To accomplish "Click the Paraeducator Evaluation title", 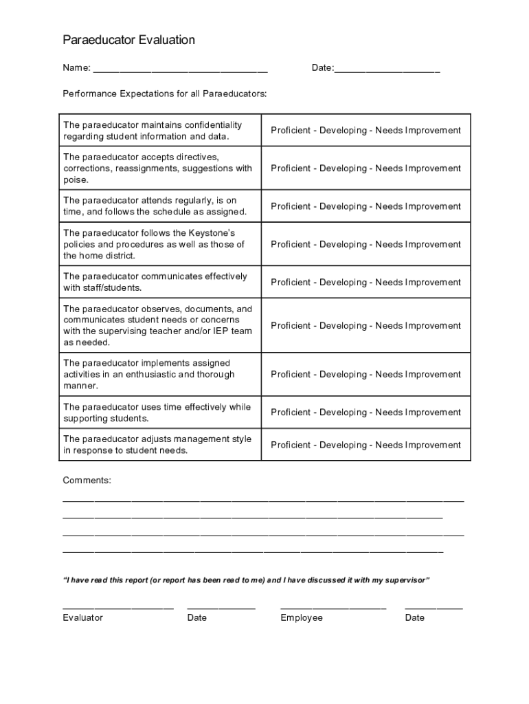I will point(129,41).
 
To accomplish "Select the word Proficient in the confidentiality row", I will point(290,131).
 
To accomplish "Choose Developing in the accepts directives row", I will point(343,168).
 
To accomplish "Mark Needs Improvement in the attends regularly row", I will point(418,206).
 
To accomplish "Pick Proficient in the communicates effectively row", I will point(290,283).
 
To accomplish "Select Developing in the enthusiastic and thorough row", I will point(343,375).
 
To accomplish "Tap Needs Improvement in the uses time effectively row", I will point(418,412).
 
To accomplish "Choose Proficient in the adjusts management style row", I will point(290,445).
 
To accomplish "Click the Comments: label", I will point(87,481).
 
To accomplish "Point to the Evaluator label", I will point(83,618).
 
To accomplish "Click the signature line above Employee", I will point(333,608).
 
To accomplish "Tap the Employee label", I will point(301,618).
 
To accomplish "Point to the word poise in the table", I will point(76,180).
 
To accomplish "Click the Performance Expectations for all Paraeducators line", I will point(165,93).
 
